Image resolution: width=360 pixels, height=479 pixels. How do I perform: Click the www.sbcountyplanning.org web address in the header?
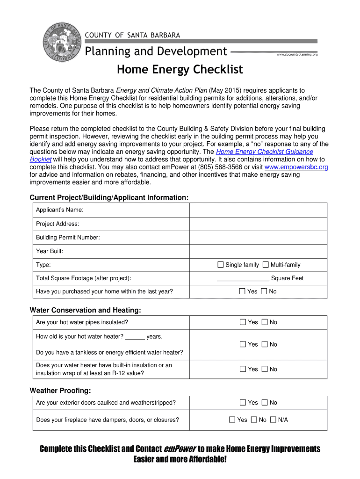[297, 55]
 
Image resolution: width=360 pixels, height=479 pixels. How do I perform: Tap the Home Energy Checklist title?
[180, 70]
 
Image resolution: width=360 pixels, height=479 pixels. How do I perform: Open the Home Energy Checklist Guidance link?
[264, 152]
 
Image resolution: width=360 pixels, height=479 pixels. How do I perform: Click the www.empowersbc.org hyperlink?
[296, 167]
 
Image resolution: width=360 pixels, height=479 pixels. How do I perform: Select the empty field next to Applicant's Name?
[258, 210]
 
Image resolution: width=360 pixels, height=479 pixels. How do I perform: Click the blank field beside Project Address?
[258, 224]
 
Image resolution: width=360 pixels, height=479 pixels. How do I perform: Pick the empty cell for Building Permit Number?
[258, 237]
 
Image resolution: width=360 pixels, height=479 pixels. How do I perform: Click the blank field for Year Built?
[258, 251]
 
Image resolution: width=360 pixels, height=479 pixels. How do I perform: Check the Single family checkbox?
[221, 265]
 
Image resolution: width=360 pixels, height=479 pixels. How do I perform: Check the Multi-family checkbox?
[266, 265]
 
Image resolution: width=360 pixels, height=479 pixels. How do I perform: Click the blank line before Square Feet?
[243, 278]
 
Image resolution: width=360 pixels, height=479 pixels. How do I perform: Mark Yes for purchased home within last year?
[242, 291]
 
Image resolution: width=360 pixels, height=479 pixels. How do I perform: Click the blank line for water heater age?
[135, 337]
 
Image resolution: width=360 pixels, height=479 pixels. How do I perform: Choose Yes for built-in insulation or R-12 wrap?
[242, 369]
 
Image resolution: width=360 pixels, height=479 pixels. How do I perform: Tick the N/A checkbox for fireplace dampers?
[273, 420]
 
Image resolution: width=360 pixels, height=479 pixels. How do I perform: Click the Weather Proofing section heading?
[60, 391]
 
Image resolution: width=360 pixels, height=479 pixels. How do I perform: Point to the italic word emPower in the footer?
[180, 449]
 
